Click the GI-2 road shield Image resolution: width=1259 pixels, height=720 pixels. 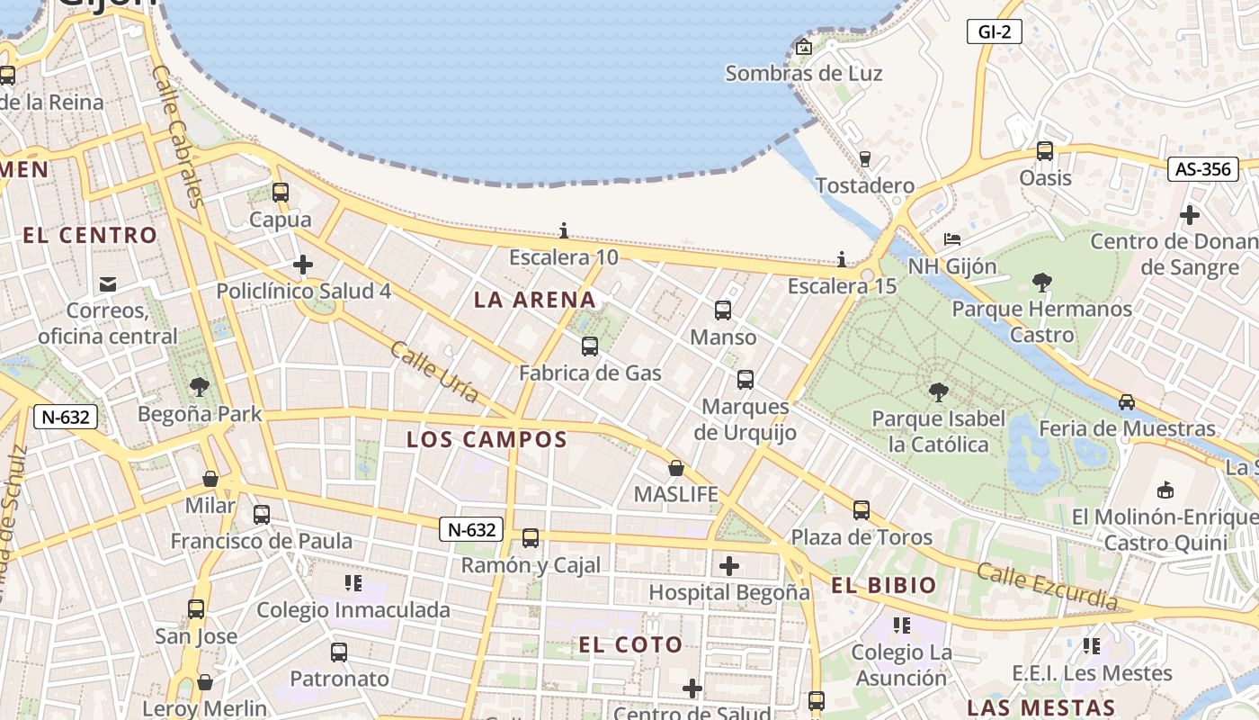tap(995, 32)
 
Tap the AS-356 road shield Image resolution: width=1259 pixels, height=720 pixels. tap(1202, 168)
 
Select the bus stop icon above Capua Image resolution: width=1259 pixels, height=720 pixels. tap(281, 192)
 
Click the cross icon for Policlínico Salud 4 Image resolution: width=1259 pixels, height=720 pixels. tap(303, 265)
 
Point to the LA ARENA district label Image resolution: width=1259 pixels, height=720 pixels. tap(534, 300)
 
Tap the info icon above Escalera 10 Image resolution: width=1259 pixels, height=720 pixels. tap(564, 229)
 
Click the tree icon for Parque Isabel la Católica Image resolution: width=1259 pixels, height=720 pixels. tap(938, 392)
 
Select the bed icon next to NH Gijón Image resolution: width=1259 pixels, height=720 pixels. tap(952, 239)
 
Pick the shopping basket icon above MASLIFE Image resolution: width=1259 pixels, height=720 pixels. tap(675, 468)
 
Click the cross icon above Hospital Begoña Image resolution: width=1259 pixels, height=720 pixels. tap(729, 566)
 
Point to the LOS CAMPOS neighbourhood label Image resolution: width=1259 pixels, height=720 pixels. tap(487, 439)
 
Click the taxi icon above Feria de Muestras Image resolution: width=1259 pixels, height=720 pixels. tap(1127, 402)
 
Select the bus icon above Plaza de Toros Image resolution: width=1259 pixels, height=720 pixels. tap(862, 510)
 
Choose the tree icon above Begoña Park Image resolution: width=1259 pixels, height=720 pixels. tap(200, 387)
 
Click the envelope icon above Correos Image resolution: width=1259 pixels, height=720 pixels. tap(108, 284)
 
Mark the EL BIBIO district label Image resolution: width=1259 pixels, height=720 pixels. tap(883, 585)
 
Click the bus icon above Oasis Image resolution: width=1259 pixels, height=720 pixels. tap(1045, 151)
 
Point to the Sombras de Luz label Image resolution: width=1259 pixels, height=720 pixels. tap(803, 74)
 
